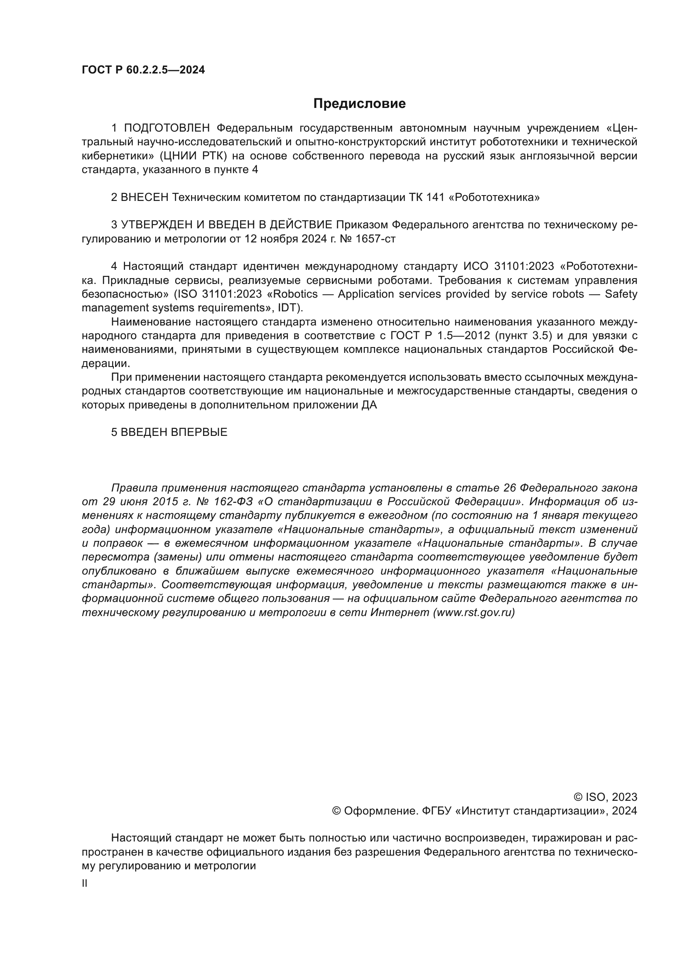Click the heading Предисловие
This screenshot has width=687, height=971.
click(359, 104)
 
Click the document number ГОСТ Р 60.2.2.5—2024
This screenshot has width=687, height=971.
click(143, 70)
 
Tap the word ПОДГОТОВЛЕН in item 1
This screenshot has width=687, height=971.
click(167, 128)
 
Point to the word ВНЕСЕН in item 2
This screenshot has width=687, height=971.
click(145, 198)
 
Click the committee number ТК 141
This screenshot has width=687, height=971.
click(427, 198)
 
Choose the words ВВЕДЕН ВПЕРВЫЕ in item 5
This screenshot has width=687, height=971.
click(174, 432)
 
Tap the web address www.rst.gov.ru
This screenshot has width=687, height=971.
click(474, 612)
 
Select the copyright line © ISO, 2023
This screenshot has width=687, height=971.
click(605, 797)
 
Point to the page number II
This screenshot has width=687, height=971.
click(85, 883)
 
